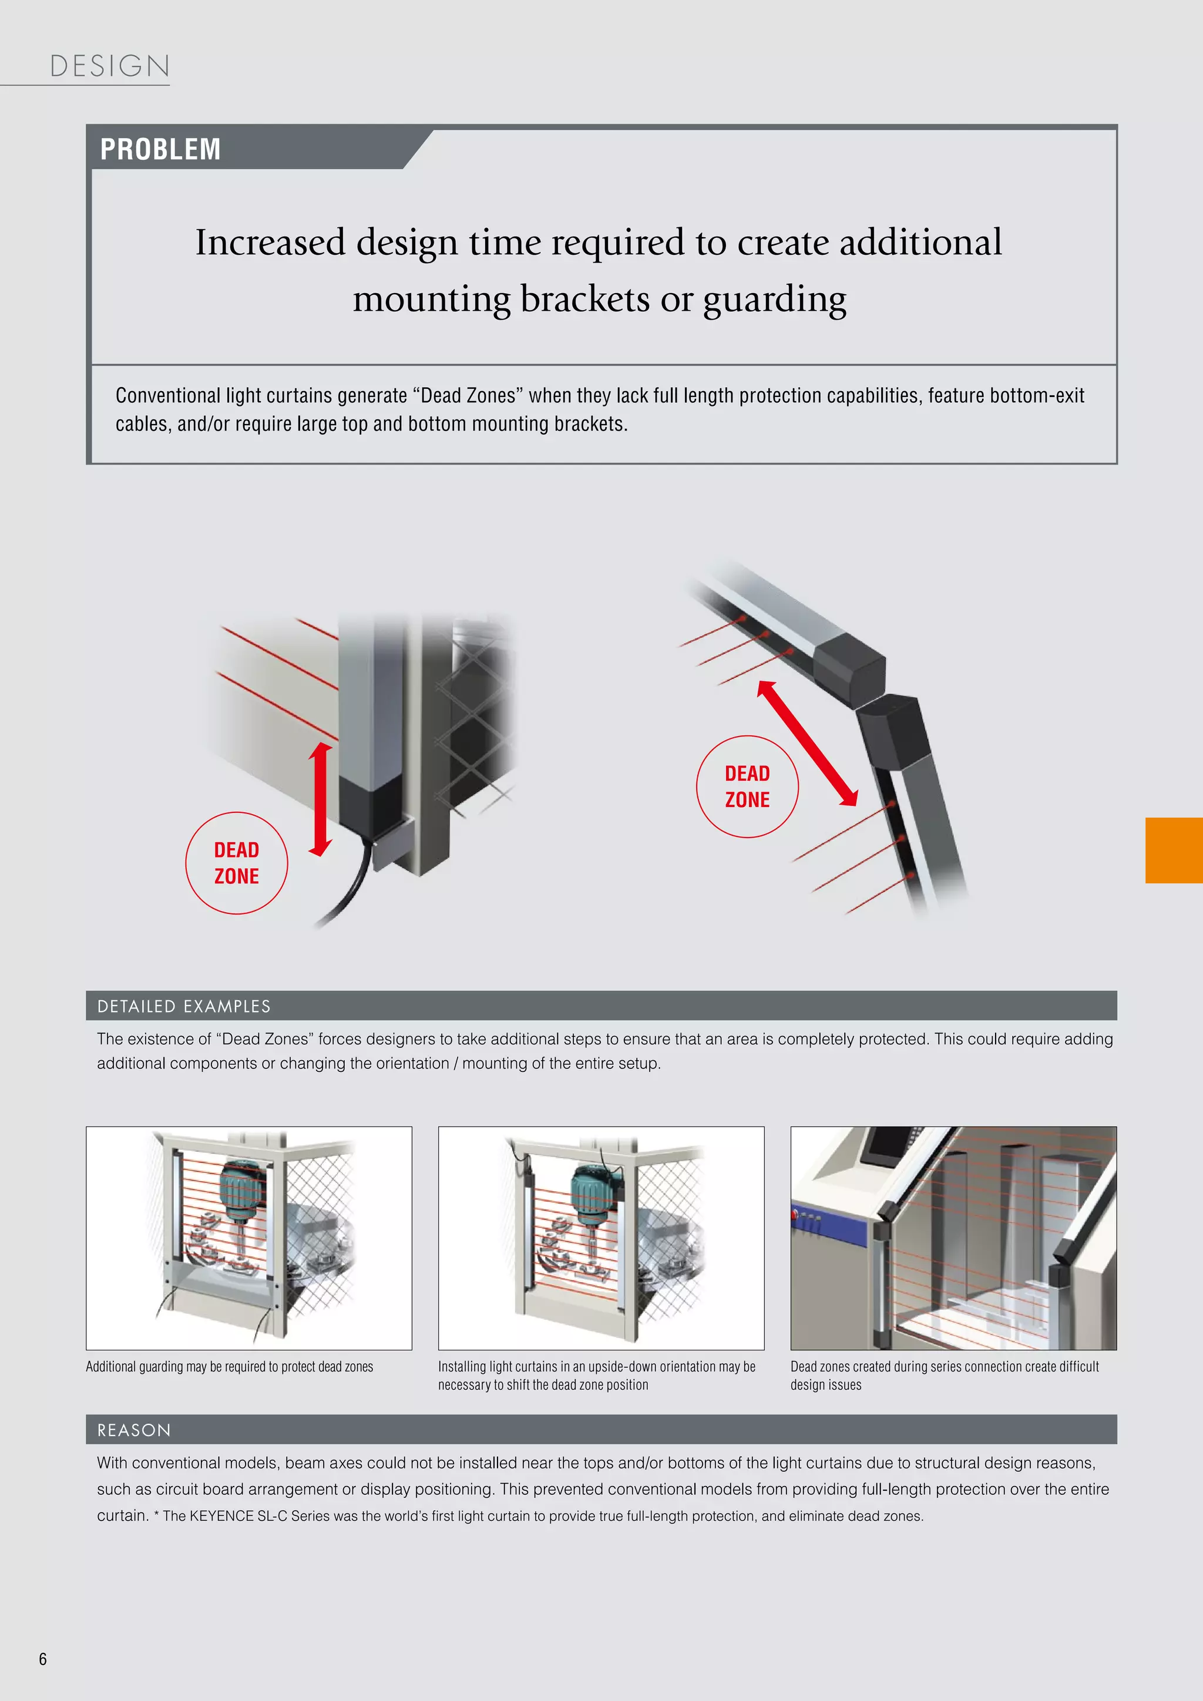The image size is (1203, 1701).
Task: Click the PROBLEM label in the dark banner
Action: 160,149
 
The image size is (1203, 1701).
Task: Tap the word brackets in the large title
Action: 584,300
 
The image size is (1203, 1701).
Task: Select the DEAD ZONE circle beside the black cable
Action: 236,863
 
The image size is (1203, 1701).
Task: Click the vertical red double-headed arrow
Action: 320,799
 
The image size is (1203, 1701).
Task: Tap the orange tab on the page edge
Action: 1174,850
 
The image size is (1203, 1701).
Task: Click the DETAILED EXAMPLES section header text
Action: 184,1006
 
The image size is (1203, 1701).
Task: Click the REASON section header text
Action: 134,1430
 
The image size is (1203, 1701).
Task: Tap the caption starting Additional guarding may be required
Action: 230,1367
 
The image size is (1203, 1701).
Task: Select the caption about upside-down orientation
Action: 596,1376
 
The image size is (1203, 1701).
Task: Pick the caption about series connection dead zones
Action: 944,1376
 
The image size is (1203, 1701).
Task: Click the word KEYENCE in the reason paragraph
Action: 221,1516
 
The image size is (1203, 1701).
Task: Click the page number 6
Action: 43,1659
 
